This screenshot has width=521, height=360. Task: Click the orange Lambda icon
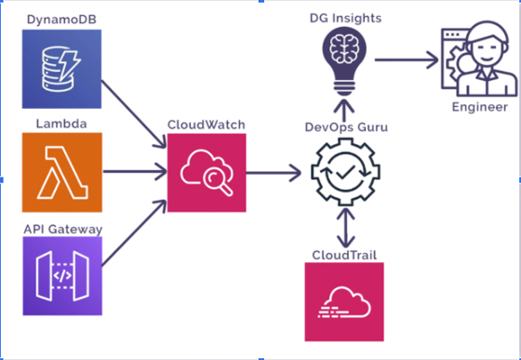[x=60, y=171]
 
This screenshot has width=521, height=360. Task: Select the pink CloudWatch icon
[x=207, y=172]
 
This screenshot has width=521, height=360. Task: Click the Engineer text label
[x=480, y=107]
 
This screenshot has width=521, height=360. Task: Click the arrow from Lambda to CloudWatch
[x=132, y=172]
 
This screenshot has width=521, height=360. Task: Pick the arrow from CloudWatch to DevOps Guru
[x=275, y=172]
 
